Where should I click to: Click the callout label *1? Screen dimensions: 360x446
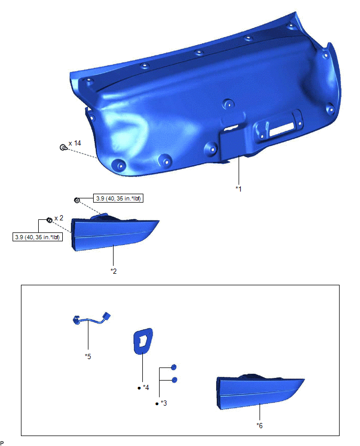(238, 189)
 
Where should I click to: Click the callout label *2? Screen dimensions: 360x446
(114, 271)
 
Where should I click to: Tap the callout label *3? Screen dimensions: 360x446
(163, 403)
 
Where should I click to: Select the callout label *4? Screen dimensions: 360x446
(145, 387)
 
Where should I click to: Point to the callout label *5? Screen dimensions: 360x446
(88, 356)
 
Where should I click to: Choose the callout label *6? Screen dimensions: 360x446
(260, 426)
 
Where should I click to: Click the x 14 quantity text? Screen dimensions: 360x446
(75, 143)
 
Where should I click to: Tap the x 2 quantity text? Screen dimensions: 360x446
(59, 218)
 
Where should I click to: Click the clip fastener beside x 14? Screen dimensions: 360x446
(63, 147)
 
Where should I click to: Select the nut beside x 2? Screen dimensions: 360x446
(50, 220)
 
